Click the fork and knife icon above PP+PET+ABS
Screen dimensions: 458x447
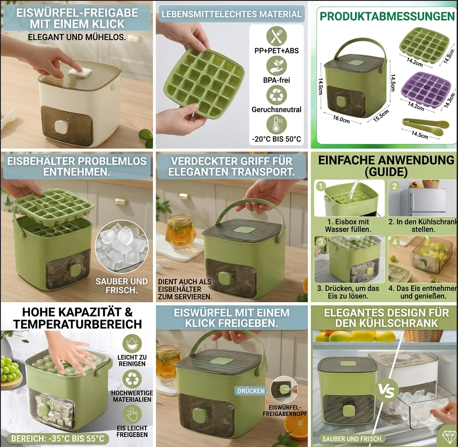click(x=276, y=36)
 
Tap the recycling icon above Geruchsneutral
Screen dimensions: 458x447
click(x=276, y=95)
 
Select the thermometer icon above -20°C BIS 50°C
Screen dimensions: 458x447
click(x=276, y=124)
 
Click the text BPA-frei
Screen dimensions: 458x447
click(x=276, y=80)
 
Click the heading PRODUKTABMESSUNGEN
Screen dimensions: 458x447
click(x=387, y=16)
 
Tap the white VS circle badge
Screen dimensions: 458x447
click(x=387, y=391)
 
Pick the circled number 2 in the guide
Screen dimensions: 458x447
click(x=395, y=186)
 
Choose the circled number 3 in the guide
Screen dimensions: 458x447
click(x=321, y=242)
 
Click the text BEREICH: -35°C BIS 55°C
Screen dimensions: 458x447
click(x=58, y=439)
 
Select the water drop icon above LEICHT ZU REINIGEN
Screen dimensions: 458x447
click(x=132, y=344)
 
